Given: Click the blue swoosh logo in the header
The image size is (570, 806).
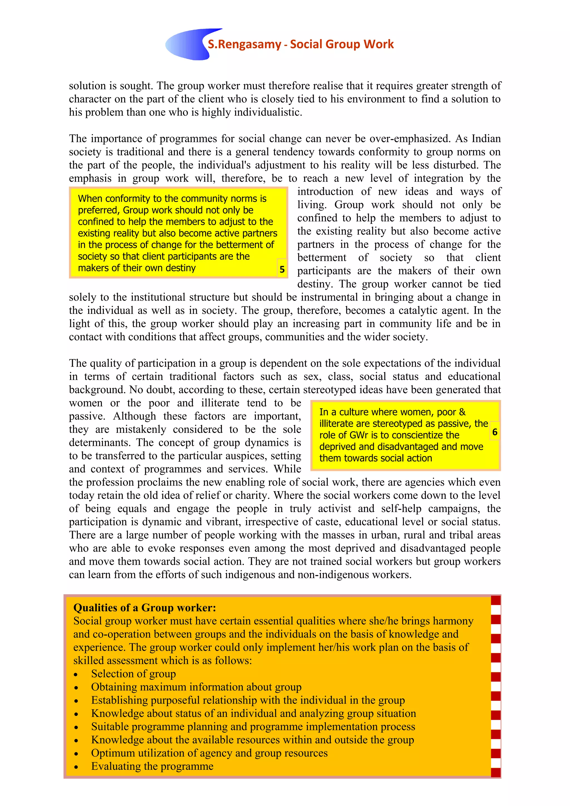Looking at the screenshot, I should [x=188, y=45].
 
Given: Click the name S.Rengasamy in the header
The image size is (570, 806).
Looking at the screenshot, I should [x=244, y=44].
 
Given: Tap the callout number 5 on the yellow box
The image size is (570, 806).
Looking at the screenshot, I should [x=282, y=269].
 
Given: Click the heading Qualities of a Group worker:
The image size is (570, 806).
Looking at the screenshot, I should [x=145, y=608].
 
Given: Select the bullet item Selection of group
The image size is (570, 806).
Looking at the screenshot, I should [x=133, y=674].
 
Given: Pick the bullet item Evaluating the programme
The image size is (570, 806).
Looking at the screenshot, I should [x=152, y=766].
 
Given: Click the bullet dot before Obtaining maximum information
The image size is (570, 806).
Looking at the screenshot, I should [x=76, y=688].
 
